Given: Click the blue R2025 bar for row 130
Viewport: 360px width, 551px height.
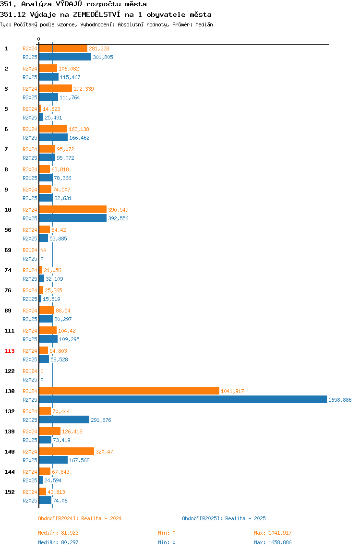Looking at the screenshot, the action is pos(183,399).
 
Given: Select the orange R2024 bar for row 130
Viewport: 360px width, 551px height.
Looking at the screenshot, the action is pos(129,391).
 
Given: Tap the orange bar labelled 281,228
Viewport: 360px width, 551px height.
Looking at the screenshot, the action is pos(63,48).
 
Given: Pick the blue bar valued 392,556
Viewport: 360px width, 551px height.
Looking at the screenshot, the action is pos(73,218).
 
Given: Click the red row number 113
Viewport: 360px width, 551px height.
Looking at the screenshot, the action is pos(10,351).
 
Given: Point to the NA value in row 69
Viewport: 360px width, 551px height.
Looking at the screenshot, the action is pos(43,250).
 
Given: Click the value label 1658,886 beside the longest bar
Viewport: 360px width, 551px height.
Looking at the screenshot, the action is pos(340,399).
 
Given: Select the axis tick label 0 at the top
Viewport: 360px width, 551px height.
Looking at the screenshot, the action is pos(39,39).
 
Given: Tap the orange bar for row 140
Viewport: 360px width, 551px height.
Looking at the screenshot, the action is pos(66,451).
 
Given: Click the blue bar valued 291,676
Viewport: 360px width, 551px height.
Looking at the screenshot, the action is pos(64,419).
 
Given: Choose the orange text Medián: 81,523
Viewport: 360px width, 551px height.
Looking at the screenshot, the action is pos(59,533).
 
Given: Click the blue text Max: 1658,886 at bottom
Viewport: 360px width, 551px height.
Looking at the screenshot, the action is pos(273,542).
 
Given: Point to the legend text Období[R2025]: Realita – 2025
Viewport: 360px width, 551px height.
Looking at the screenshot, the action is pos(224,518).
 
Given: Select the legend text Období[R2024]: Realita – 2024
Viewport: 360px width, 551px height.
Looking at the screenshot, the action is pos(80,518).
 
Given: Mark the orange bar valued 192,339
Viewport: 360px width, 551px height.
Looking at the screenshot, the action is pos(56,88).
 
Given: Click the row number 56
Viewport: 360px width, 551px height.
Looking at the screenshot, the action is pos(8,230).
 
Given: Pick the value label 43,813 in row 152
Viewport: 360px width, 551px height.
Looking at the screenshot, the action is pos(56,492).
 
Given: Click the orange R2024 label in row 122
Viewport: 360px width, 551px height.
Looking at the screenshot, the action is pos(30,371).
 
